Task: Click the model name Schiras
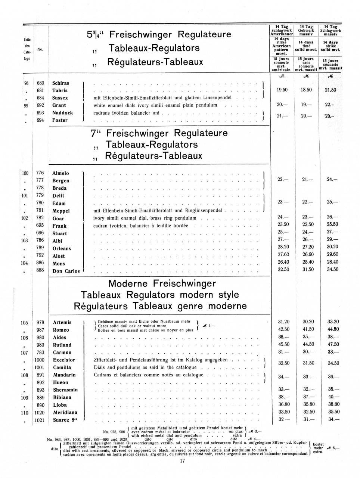click(x=60, y=83)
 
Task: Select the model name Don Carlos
click(x=66, y=271)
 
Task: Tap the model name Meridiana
click(x=65, y=413)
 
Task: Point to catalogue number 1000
click(x=39, y=360)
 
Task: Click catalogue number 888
click(x=40, y=270)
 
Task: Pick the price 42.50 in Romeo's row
click(x=283, y=329)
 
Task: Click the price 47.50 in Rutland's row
click(x=333, y=345)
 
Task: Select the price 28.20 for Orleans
click(x=283, y=247)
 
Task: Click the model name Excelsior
click(x=64, y=360)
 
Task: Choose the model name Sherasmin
click(x=65, y=390)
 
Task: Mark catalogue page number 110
click(x=24, y=413)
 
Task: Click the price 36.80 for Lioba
click(x=283, y=404)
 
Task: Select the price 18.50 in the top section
click(x=306, y=90)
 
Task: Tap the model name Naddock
click(x=63, y=113)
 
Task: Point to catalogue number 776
click(x=40, y=173)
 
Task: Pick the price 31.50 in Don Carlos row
click(x=308, y=269)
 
